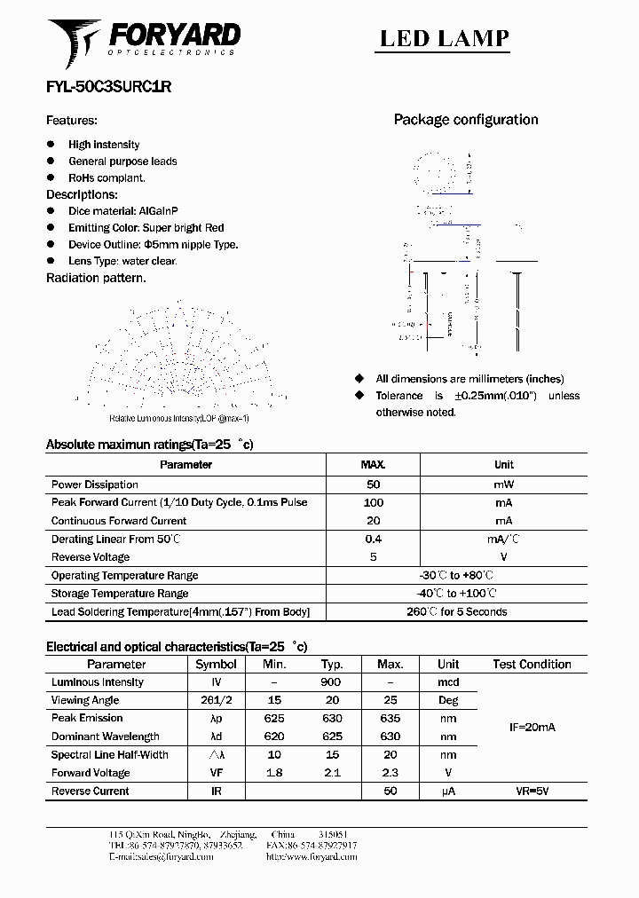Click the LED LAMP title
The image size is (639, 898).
coord(444,38)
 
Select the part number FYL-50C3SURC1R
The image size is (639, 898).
coord(108,87)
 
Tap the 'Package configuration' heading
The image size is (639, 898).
coord(465,120)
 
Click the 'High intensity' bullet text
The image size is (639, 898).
coord(104,145)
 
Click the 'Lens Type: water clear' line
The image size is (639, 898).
coord(122,261)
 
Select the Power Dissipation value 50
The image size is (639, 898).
coord(373,484)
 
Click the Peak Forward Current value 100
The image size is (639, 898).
coord(373,502)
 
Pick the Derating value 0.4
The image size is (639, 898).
coord(373,539)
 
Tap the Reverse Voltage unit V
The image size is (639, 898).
coord(503,557)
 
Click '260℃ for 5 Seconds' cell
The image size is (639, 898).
coord(456,611)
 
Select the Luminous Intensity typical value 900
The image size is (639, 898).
coord(331,682)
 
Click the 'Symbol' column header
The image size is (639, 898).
coord(216,664)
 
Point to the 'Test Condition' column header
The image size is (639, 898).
coord(532,664)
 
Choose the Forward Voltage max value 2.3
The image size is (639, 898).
coord(390,772)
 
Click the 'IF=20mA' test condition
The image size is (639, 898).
coord(532,727)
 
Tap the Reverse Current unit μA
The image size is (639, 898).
coord(448,791)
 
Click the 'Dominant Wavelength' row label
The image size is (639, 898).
coord(105,737)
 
